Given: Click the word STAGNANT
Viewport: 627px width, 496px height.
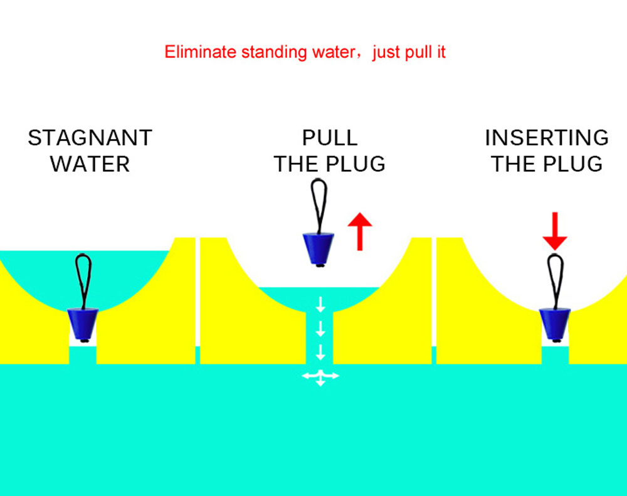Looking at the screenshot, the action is click(x=90, y=138).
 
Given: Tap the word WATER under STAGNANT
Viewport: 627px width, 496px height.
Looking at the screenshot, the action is click(x=90, y=164).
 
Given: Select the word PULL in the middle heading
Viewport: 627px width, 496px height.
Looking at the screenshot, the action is click(x=330, y=138).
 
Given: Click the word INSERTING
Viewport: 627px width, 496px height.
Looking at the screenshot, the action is click(x=547, y=138).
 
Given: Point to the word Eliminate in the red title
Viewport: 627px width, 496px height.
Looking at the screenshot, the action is click(x=201, y=52).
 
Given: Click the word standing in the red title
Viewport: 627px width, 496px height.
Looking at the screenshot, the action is click(x=275, y=53).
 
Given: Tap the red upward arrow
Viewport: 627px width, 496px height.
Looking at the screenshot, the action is click(x=360, y=231).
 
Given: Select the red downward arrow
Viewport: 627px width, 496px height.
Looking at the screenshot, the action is click(x=555, y=231).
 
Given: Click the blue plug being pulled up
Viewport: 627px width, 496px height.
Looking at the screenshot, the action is click(x=319, y=248).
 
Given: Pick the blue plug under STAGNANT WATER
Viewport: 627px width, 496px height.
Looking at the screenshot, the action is click(x=83, y=324).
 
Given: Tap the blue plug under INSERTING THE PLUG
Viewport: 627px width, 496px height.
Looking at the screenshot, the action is click(x=555, y=324).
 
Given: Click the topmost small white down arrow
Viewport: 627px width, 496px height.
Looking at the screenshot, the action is click(x=320, y=305).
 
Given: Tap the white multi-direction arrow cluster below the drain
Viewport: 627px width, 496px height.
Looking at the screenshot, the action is click(x=320, y=377).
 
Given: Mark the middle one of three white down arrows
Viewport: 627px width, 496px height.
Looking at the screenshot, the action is click(x=320, y=329).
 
